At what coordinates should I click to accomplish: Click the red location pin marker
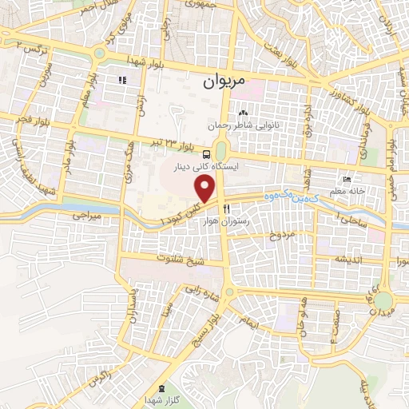206,189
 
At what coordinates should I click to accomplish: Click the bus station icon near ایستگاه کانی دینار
207,153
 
